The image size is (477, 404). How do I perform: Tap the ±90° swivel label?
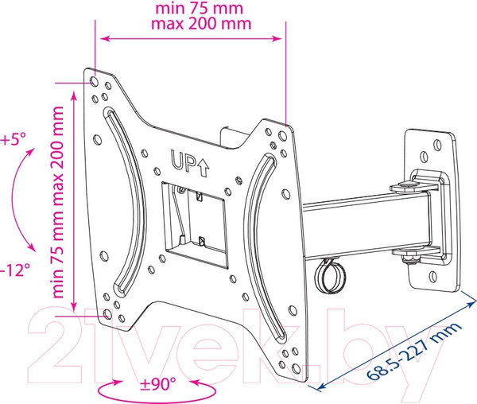pos(158,384)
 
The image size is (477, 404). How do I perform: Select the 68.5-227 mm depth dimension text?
pos(414,351)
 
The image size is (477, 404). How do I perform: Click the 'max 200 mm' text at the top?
pos(201,23)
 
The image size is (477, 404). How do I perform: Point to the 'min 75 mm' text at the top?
pos(200,8)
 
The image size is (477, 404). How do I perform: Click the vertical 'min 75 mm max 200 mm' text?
pos(57,202)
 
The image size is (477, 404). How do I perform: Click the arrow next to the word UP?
pos(204,169)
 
